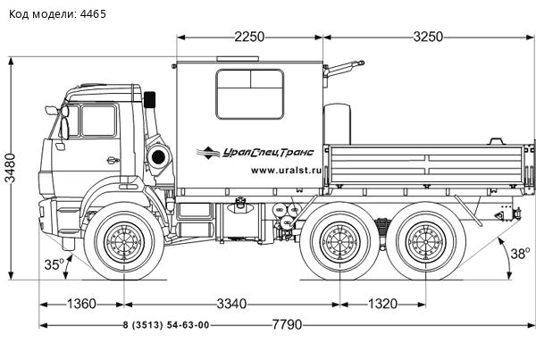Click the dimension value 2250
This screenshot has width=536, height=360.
(249, 38)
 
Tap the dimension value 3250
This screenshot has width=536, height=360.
(429, 38)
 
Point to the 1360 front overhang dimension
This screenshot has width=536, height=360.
(81, 305)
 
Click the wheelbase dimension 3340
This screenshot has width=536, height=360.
(231, 305)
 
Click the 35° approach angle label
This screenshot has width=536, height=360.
(54, 264)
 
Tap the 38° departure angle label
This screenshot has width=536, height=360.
(519, 253)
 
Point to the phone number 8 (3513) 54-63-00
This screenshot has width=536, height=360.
(165, 325)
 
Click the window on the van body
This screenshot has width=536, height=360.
(250, 94)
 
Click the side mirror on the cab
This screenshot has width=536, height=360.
(53, 111)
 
